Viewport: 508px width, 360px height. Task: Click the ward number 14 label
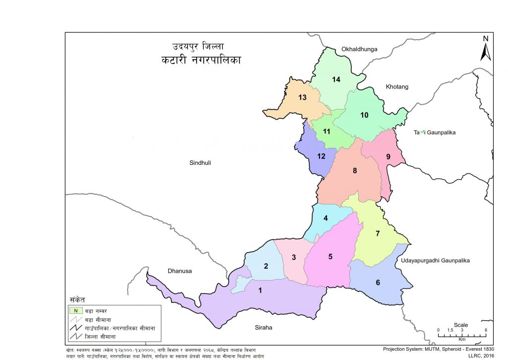[x=336, y=80]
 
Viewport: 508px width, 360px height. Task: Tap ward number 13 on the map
[x=302, y=97]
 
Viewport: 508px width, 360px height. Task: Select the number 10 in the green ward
[x=364, y=115]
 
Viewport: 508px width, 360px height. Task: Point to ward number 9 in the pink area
[x=388, y=157]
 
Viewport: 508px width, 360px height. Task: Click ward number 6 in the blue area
[x=378, y=283]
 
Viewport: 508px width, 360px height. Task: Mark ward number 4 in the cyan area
[x=325, y=218]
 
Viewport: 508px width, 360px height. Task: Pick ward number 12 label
[x=321, y=156]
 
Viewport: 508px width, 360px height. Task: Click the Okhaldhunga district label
[x=359, y=49]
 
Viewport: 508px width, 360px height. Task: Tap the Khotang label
[x=397, y=87]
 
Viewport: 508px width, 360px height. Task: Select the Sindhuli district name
[x=200, y=162]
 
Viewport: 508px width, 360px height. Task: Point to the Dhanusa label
[x=180, y=271]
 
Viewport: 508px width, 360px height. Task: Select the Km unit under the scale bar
[x=461, y=340]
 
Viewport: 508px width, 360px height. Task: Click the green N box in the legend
[x=76, y=310]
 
